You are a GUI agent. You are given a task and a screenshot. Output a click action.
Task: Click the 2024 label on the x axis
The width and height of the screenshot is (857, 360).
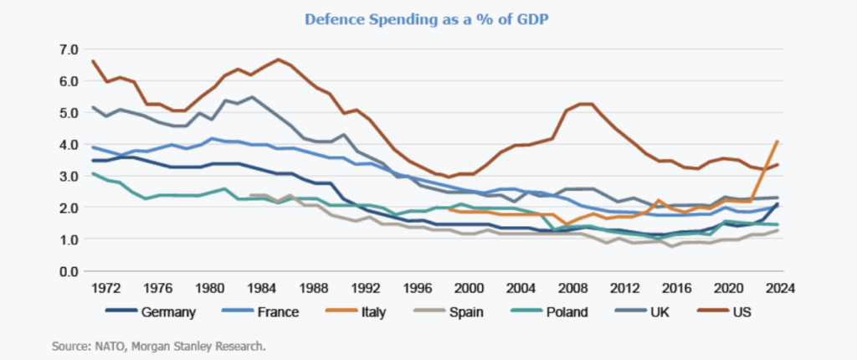point(779,287)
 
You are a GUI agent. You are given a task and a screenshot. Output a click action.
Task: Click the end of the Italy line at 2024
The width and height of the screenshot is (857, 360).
point(779,141)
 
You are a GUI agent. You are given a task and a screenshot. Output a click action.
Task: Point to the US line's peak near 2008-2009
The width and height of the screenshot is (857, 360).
point(586,104)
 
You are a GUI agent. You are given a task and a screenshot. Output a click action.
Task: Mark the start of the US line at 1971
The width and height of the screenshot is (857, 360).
point(93,61)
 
